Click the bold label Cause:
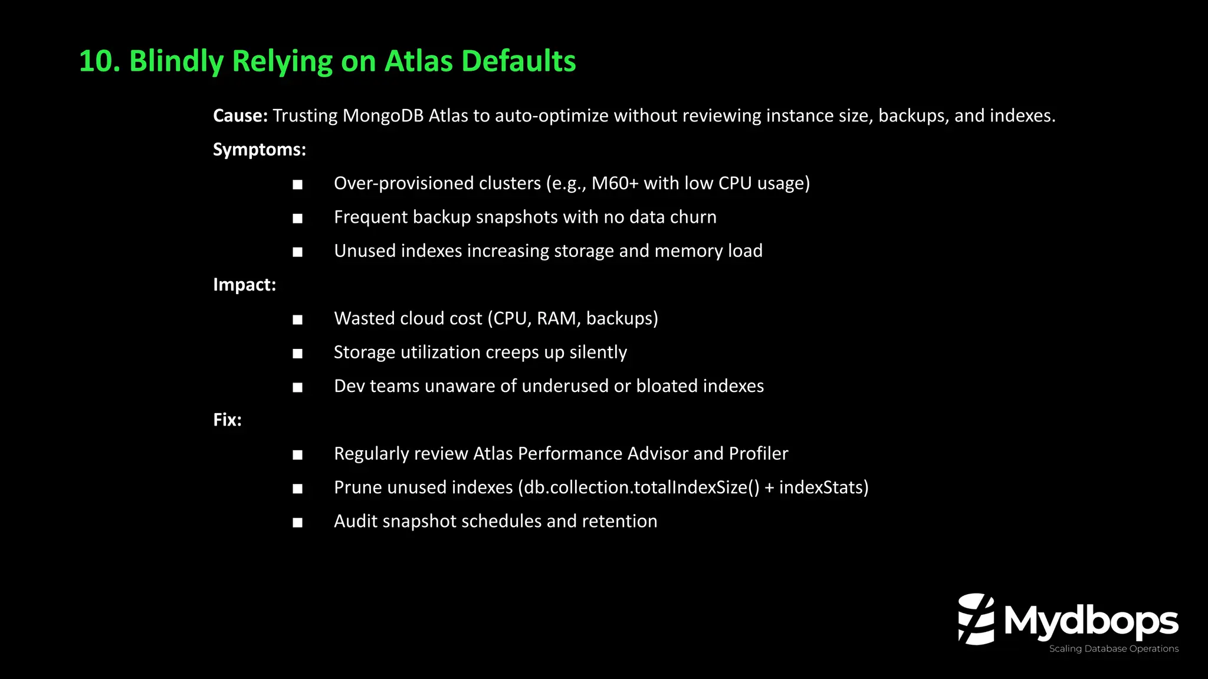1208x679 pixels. pos(240,116)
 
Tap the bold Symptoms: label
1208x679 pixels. pos(260,150)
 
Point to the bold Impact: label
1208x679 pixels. pos(244,285)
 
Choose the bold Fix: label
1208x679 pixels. pos(227,420)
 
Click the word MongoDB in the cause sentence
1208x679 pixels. pos(383,116)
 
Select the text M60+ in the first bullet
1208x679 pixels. pos(615,183)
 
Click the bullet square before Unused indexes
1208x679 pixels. pos(298,252)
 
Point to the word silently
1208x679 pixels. pos(598,352)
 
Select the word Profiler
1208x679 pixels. pos(759,454)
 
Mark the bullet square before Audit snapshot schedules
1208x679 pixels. pos(298,523)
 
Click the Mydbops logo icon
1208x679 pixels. pos(976,619)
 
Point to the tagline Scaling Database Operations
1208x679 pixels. pos(1114,648)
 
